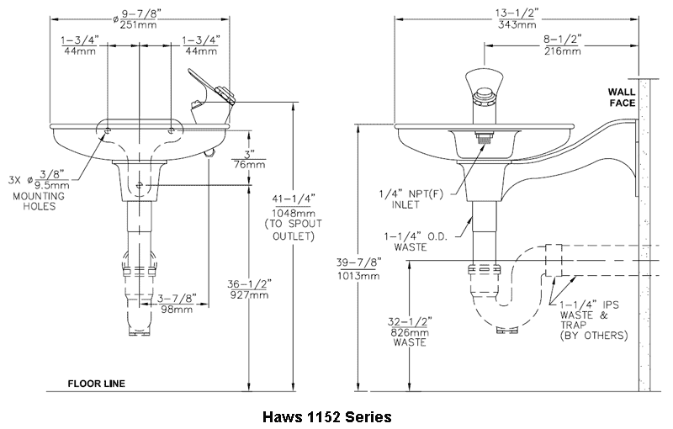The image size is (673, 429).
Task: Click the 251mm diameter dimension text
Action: [x=138, y=25]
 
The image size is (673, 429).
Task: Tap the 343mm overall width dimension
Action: [x=517, y=25]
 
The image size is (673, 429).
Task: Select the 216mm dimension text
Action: [x=563, y=51]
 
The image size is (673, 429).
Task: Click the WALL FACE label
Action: [x=622, y=98]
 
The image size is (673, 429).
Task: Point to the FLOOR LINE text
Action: [x=97, y=384]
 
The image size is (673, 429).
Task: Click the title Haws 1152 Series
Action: [x=327, y=417]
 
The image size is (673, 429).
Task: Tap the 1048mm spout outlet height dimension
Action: [x=294, y=213]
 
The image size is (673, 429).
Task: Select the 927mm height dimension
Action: [x=249, y=295]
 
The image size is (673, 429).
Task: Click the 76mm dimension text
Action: [x=249, y=165]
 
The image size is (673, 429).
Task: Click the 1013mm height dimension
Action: [x=359, y=276]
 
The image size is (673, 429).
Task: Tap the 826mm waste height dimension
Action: [x=410, y=332]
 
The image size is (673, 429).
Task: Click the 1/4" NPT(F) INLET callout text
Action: [x=411, y=199]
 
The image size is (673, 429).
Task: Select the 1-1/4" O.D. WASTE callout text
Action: [x=416, y=242]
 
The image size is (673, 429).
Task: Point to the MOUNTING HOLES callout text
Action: [x=39, y=201]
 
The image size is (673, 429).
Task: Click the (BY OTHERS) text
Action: [x=594, y=336]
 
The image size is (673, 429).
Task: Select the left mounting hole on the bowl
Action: [x=107, y=130]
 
